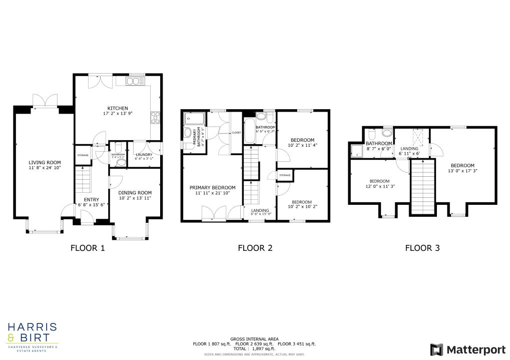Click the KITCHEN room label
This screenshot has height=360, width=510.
[118, 108]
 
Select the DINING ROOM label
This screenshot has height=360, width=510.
[135, 192]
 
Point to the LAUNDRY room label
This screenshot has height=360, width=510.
[144, 155]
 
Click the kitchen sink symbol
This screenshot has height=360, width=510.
[134, 81]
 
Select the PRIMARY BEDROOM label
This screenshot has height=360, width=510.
[212, 187]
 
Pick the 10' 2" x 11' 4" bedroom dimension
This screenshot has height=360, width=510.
[303, 145]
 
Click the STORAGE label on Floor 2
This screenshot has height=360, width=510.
[285, 175]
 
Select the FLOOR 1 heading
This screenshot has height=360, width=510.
[88, 247]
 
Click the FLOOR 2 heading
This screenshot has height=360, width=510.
[255, 247]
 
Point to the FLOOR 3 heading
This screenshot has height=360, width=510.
[422, 247]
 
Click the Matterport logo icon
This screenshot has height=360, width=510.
[436, 349]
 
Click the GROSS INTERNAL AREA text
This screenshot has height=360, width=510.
[254, 339]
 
